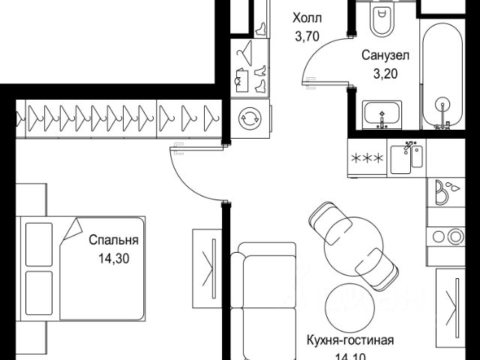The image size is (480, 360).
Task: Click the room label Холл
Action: (307, 18)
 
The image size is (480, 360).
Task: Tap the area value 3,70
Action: (307, 37)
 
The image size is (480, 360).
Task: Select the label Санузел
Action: (385, 55)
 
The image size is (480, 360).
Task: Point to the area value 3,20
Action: (385, 73)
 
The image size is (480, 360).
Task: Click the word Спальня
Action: (113, 240)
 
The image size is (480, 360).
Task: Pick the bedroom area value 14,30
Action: (114, 259)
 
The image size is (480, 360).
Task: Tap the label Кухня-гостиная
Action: (350, 340)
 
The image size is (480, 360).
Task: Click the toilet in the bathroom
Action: (381, 18)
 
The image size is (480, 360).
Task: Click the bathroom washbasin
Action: (382, 115)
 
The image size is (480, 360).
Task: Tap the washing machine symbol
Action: (250, 118)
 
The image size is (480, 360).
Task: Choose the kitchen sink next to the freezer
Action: (406, 158)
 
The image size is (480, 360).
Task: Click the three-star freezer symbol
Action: (367, 158)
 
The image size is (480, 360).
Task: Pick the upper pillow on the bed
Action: (39, 244)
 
